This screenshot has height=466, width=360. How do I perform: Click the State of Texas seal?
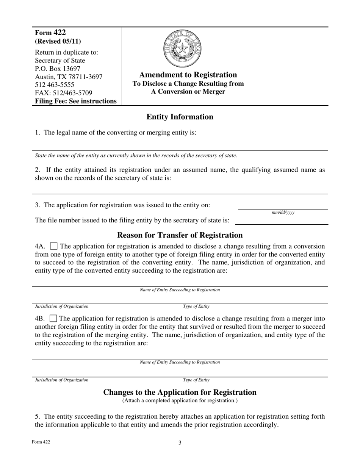(182, 49)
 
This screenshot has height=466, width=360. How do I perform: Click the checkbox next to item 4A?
(54, 246)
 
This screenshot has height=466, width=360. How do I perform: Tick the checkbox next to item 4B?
(54, 319)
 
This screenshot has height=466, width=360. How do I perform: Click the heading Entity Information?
(180, 117)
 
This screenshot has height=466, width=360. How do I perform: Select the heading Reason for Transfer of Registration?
(180, 235)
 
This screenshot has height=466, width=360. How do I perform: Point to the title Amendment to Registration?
(188, 75)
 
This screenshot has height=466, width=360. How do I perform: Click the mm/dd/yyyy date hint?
(283, 213)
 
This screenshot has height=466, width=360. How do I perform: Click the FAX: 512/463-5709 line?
(63, 93)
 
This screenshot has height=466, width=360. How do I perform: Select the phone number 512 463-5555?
(55, 85)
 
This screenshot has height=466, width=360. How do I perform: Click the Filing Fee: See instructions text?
(76, 101)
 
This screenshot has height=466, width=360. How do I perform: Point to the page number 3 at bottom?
(180, 443)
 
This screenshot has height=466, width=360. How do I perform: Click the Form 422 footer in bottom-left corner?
(41, 442)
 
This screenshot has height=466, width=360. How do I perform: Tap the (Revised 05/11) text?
(58, 41)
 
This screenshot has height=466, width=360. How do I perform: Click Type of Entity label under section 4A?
(196, 306)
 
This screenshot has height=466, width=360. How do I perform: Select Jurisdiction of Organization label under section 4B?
(62, 380)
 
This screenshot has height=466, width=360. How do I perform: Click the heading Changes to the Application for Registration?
(180, 393)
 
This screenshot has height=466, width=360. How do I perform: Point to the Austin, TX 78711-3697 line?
(69, 77)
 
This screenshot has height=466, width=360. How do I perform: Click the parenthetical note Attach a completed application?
(180, 400)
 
